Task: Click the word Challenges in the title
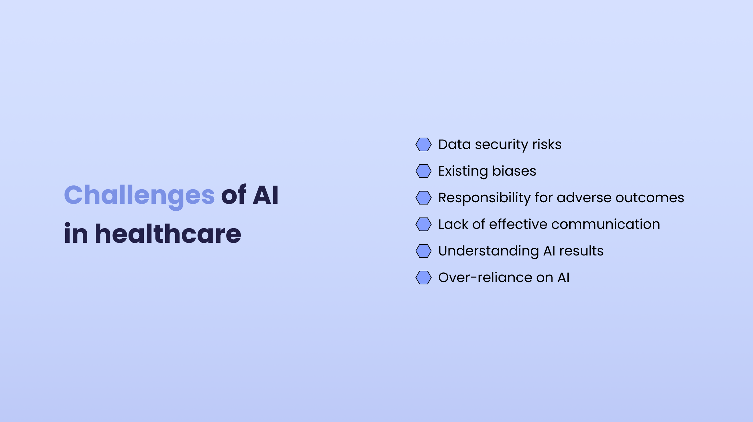point(139,195)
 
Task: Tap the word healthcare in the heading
point(168,234)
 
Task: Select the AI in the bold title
point(265,195)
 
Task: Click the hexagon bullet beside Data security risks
point(424,144)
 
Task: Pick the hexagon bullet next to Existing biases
point(424,171)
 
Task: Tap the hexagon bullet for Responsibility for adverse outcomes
point(424,198)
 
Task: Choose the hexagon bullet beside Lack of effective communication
point(424,224)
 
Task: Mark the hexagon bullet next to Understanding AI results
point(424,251)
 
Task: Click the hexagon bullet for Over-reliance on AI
point(424,278)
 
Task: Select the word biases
point(514,171)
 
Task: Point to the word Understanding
point(488,251)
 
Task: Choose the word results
point(581,251)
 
